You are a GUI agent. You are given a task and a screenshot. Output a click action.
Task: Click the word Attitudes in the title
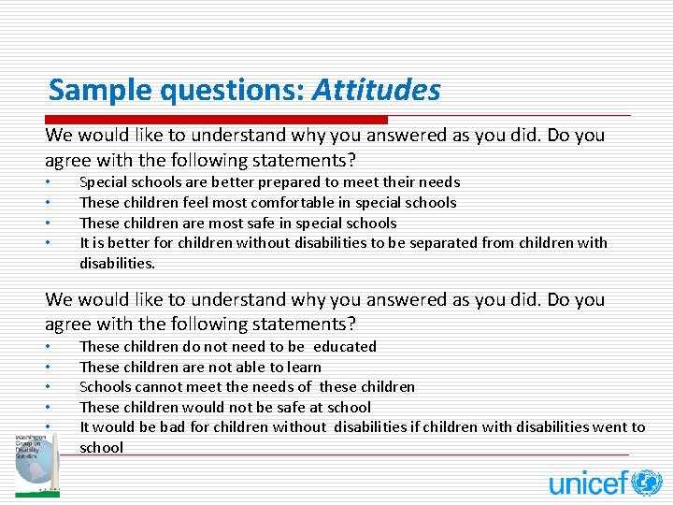coord(376,91)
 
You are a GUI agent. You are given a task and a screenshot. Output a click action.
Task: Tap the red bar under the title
coord(216,120)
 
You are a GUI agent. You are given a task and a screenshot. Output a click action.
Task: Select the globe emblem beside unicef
coord(647,483)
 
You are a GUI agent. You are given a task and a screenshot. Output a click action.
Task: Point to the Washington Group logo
coord(36,464)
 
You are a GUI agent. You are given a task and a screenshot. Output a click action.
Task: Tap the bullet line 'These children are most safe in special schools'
coord(237,224)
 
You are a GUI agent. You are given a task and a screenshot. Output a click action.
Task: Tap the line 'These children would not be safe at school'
coord(224,408)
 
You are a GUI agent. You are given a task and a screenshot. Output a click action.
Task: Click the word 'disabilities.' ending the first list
coord(117,264)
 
